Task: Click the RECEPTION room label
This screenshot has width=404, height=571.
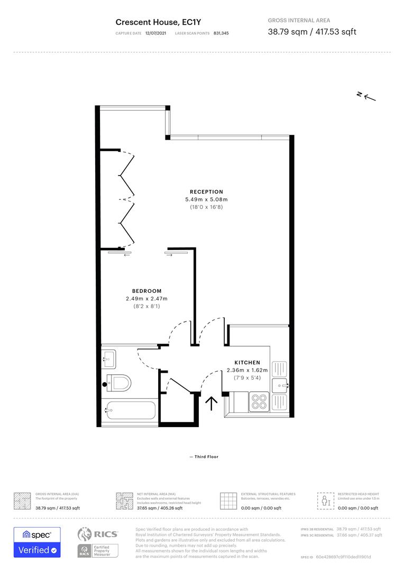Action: point(206,191)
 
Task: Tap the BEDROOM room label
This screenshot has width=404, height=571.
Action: point(146,291)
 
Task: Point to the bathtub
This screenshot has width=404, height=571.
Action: point(130,411)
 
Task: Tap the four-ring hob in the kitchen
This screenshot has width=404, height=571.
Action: point(259,401)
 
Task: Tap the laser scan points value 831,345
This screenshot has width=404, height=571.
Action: point(221,33)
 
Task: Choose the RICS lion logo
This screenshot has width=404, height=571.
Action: point(88,535)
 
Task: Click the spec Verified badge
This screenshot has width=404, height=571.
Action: point(37,542)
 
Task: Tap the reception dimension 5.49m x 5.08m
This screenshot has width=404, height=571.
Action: point(206,199)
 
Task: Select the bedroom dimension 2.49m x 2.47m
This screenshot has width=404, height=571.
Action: point(146,299)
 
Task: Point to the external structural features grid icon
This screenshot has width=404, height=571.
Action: point(228,501)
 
